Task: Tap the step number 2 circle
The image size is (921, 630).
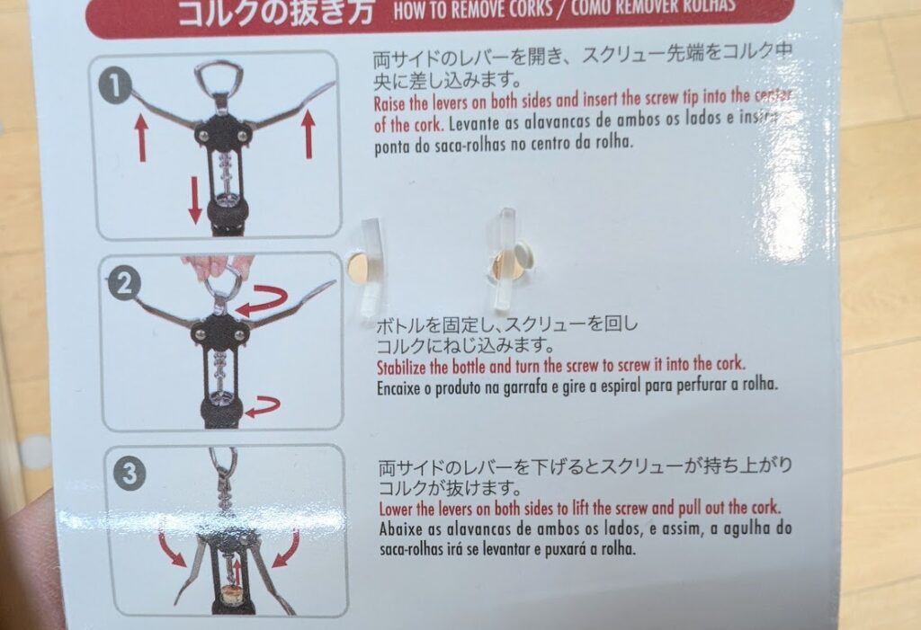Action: (123, 285)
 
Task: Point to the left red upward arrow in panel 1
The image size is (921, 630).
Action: (141, 138)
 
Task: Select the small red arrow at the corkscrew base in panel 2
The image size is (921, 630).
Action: (262, 407)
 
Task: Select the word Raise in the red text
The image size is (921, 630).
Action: (391, 102)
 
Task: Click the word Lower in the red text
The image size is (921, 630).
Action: (395, 509)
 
